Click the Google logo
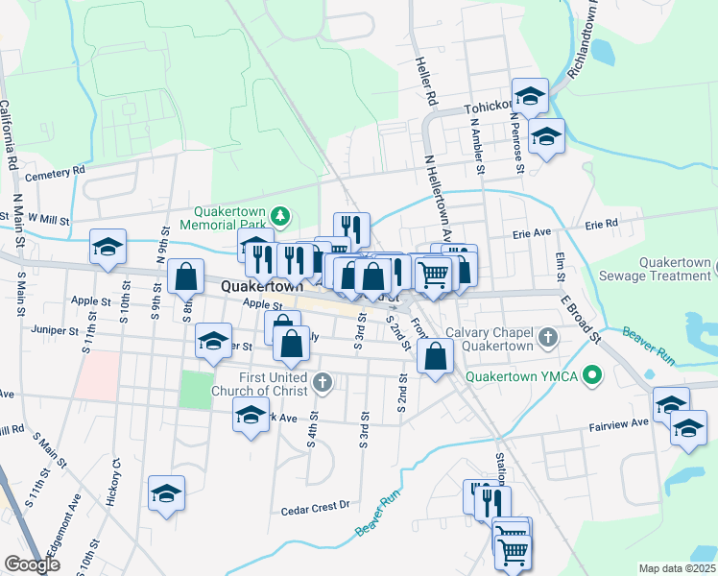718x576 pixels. point(32,564)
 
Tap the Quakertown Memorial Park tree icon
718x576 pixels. point(280,215)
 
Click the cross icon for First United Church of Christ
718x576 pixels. point(323,383)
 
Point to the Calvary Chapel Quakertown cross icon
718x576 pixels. point(547,337)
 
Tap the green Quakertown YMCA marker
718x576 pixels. point(592,375)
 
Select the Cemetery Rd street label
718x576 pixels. point(56,173)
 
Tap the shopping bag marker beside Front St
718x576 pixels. point(436,356)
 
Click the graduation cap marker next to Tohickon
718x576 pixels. point(529,95)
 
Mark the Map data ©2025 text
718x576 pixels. point(677,568)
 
